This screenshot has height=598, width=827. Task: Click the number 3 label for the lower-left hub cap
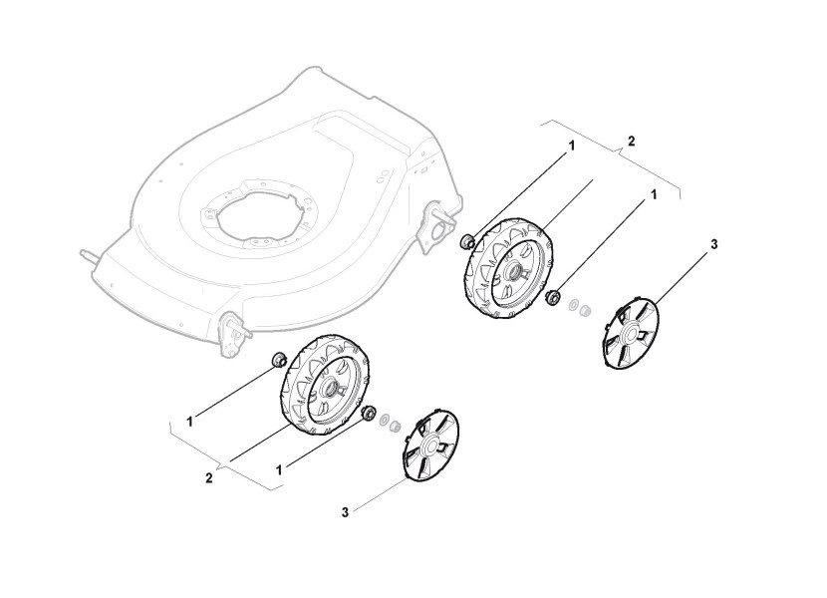[345, 512]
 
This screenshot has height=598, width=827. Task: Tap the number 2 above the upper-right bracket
[631, 141]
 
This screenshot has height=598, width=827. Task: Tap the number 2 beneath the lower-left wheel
[209, 477]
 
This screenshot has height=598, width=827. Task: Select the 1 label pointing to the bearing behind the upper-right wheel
[572, 146]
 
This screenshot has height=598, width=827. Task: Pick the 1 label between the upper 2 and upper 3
[655, 195]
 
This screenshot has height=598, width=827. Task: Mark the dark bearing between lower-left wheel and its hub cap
[368, 414]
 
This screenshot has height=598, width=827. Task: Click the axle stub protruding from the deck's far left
[89, 254]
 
